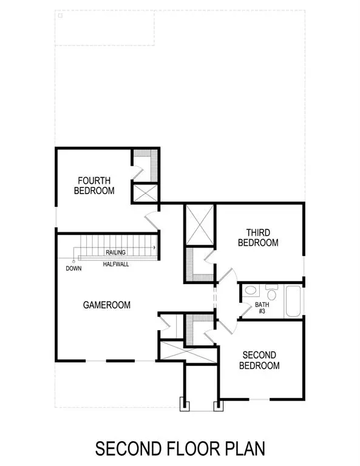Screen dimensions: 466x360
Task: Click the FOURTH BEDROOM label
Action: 94,185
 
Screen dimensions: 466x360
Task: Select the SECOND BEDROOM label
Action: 259,360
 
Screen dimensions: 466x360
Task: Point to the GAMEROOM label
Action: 107,305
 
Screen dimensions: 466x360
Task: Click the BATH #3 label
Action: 262,308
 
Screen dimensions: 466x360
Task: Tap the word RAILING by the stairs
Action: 115,252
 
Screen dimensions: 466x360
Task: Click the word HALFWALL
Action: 115,265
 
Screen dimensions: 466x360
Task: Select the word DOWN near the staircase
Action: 73,268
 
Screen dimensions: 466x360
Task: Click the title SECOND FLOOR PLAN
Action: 180,448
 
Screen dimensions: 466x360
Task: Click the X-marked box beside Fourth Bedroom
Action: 146,194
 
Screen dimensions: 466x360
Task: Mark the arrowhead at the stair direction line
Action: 155,248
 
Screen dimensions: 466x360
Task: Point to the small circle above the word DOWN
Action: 73,262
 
